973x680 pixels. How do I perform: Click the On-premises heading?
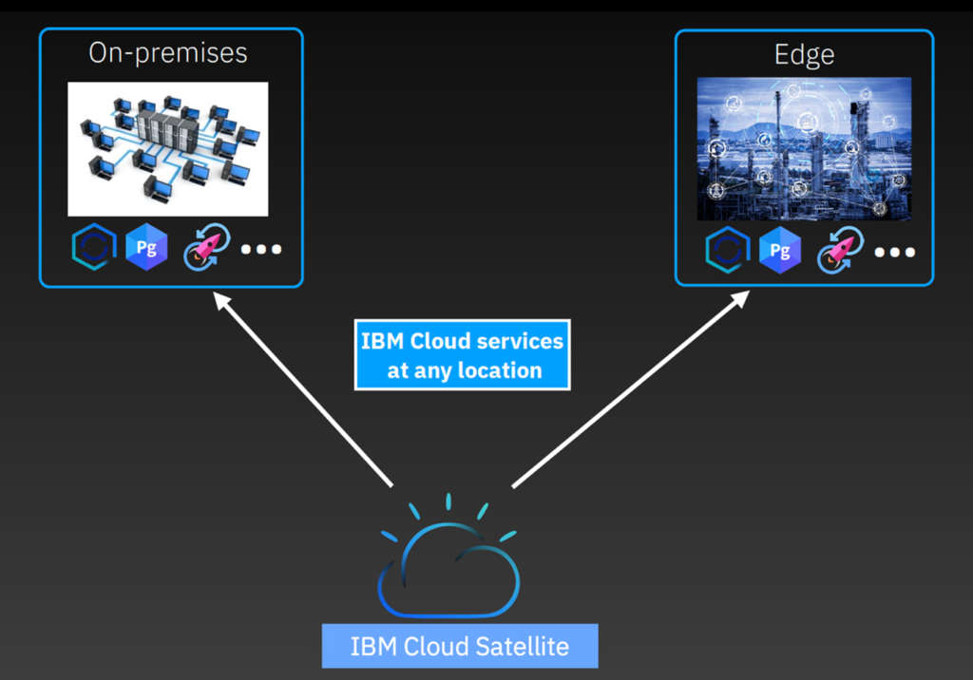click(168, 53)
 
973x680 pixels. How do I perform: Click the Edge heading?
click(804, 55)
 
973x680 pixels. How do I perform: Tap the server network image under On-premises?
click(167, 149)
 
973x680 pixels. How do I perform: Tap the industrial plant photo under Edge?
click(804, 148)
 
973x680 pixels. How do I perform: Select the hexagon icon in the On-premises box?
click(92, 250)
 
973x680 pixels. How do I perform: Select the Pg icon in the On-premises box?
click(146, 250)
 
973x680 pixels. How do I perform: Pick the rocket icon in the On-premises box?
click(205, 249)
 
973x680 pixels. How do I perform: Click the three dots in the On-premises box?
click(261, 250)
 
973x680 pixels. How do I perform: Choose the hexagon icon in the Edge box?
click(727, 251)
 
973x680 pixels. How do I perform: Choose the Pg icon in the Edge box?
click(780, 251)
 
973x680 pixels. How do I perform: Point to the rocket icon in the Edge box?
click(840, 250)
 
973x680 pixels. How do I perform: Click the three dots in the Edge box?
click(895, 252)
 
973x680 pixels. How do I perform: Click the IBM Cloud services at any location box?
click(462, 355)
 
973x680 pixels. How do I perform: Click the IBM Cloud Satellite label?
click(460, 647)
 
